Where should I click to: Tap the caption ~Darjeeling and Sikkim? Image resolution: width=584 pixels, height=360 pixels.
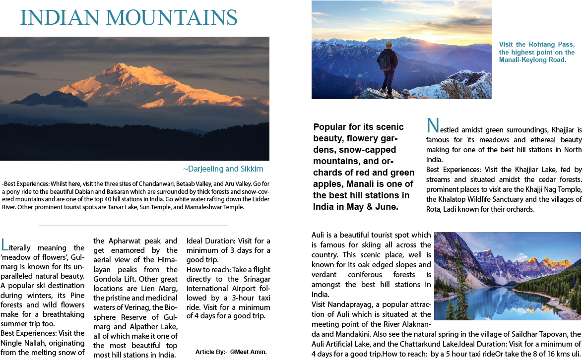pos(223,169)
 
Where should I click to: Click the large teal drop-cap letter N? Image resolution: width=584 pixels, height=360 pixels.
pos(432,125)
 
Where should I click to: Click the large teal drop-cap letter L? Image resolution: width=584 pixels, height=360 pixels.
pos(5,244)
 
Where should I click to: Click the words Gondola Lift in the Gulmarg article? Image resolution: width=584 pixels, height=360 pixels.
pos(115,279)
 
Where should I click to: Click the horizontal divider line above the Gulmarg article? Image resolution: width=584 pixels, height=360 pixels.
pos(133,226)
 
